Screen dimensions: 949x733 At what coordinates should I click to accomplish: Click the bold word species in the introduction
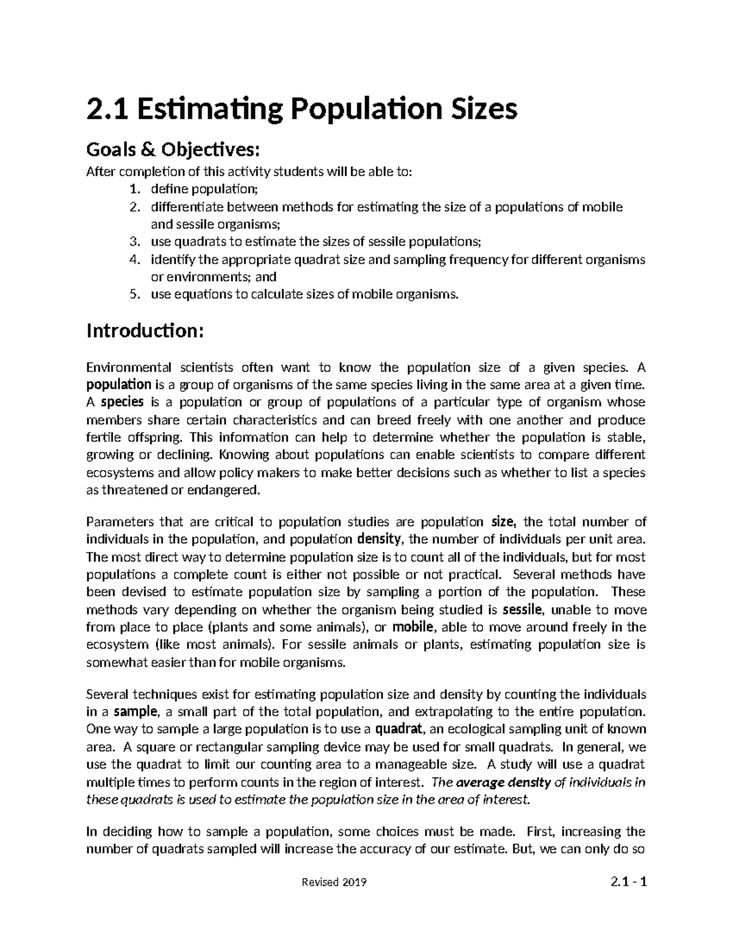(x=122, y=402)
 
